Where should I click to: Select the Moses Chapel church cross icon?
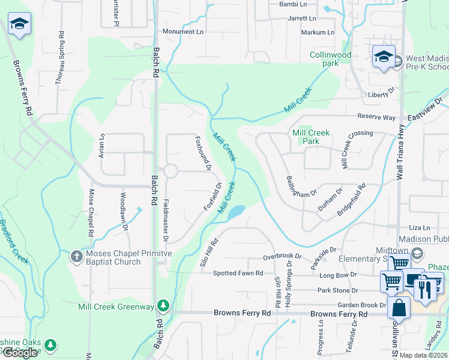[x=76, y=257]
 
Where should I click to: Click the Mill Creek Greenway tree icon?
[x=163, y=306]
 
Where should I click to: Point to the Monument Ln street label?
[x=183, y=31]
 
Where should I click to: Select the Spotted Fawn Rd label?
[x=238, y=273]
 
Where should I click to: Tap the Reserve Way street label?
[x=376, y=117]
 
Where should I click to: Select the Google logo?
[x=19, y=353]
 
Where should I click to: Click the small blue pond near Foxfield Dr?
[x=237, y=211]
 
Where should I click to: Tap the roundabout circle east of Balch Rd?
[x=170, y=171]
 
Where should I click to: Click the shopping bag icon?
[x=399, y=309]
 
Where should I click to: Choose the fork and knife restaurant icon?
[x=425, y=290]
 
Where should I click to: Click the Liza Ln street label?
[x=420, y=228]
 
